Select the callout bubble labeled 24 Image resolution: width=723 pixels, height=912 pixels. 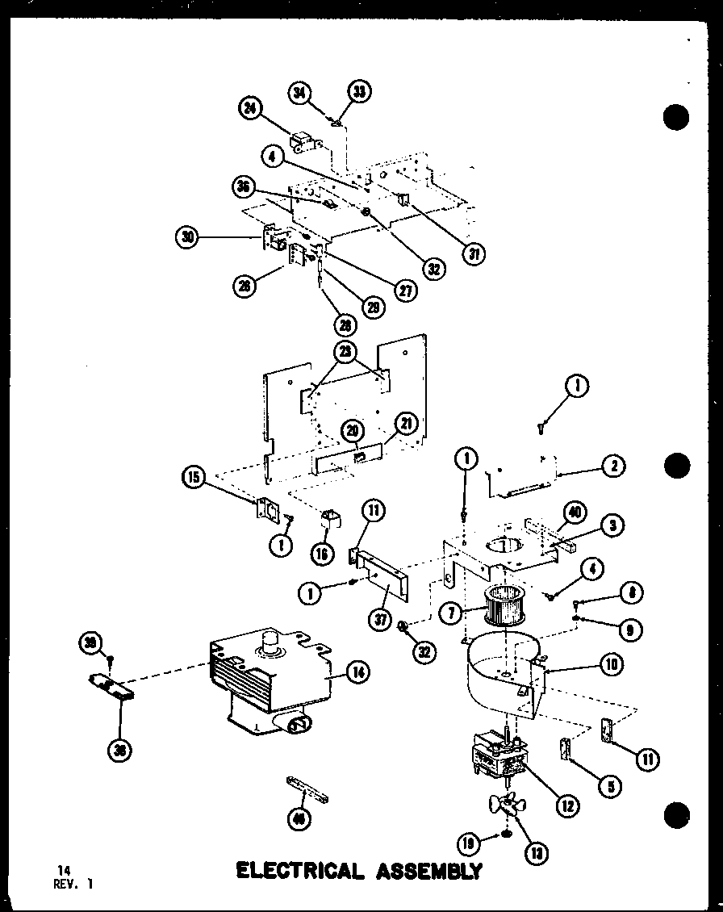(x=251, y=108)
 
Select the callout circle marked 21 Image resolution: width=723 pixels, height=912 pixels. (x=406, y=423)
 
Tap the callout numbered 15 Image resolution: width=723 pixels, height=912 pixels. (x=193, y=479)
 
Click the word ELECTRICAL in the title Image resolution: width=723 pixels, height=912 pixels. (x=299, y=872)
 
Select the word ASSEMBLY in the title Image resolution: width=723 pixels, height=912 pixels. (x=425, y=872)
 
